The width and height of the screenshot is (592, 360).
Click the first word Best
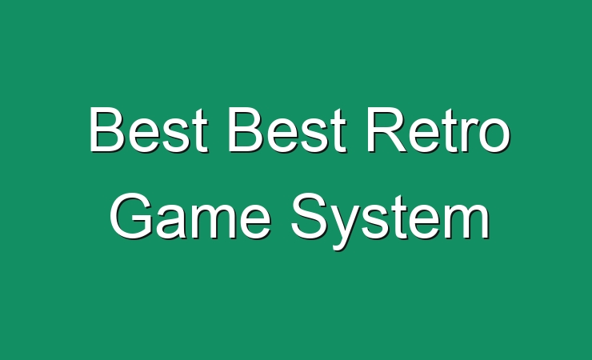pos(148,130)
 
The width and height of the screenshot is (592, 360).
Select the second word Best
pos(287,130)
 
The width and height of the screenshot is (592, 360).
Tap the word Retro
pos(438,130)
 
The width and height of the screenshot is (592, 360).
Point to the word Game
pos(190,216)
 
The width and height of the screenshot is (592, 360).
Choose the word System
pos(390,221)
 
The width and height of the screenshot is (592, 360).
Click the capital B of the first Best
pos(107,130)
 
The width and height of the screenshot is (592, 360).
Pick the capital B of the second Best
pos(246,130)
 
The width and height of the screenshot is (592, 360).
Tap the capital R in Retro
pos(386,130)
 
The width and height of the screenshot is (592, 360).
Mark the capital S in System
pos(310,216)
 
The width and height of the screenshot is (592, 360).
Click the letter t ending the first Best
pos(201,131)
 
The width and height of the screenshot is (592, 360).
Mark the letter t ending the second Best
pos(339,131)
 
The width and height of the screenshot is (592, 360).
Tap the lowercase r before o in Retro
pos(469,135)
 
